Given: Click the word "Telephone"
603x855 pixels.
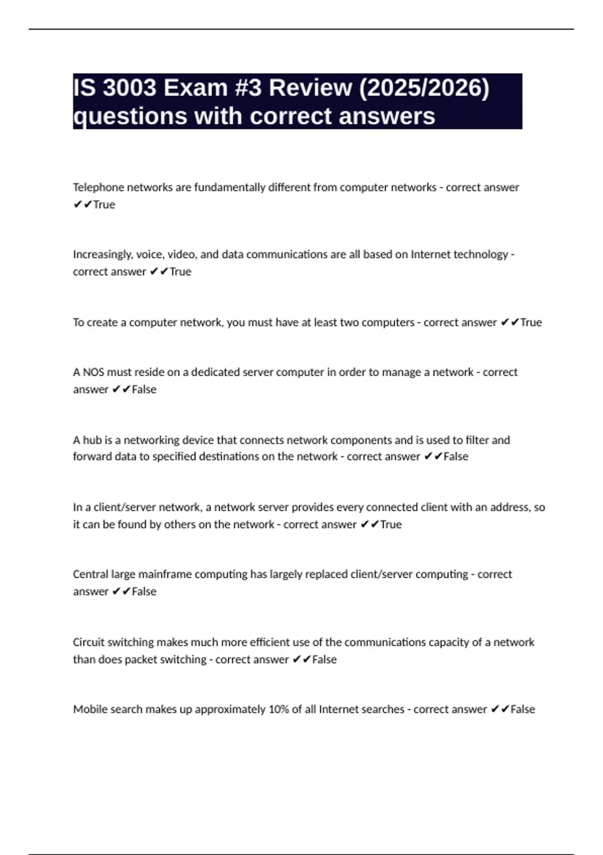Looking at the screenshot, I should tap(98, 188).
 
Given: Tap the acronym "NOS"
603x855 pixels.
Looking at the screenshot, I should tap(93, 372).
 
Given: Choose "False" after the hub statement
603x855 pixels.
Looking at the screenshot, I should tap(456, 457).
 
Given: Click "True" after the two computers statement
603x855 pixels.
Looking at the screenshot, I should tap(531, 322).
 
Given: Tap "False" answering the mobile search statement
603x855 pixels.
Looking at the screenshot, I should tap(523, 709).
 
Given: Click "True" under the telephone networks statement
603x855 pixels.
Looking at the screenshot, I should tap(104, 205).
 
